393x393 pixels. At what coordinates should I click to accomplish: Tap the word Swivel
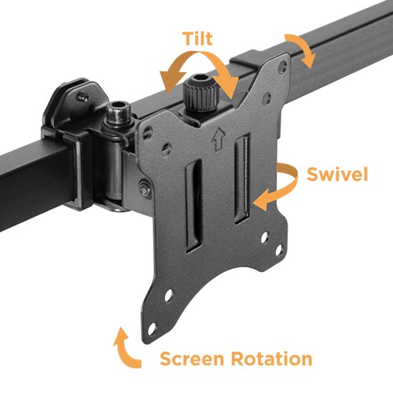(x=337, y=174)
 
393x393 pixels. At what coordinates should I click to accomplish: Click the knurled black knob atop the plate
(x=199, y=96)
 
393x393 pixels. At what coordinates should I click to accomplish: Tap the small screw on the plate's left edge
(x=146, y=187)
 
